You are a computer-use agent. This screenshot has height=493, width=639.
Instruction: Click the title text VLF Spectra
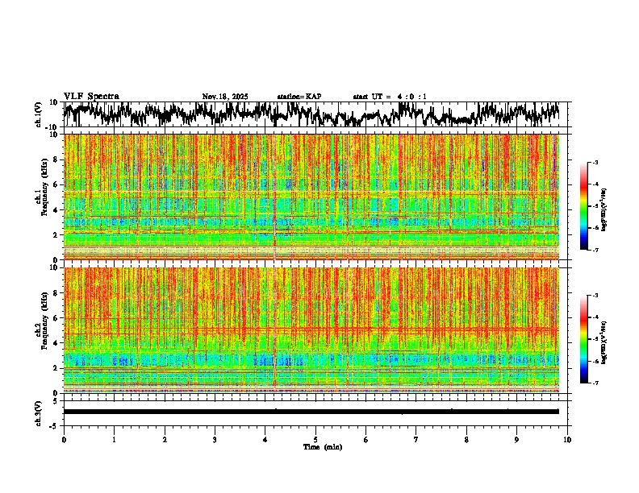coord(91,96)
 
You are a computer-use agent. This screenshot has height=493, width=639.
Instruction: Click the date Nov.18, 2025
coord(225,97)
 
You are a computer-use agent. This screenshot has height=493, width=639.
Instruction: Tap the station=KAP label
coord(299,97)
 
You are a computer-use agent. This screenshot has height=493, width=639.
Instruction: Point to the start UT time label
coord(390,97)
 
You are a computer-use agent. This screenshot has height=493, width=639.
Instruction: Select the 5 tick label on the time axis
coord(315,439)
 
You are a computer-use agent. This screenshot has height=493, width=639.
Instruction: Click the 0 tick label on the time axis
coord(64,439)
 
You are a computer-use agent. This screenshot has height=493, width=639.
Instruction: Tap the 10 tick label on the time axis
coord(567,439)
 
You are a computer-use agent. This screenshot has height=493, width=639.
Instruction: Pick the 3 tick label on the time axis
coord(215,439)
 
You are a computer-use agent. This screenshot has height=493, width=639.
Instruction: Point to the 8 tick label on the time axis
coord(466,439)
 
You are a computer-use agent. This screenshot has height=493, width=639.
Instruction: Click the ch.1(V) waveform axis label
coord(39,114)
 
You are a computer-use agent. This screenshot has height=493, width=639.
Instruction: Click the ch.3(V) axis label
coord(39,412)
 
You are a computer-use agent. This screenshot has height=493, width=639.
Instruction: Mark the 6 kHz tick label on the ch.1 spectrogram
coord(57,184)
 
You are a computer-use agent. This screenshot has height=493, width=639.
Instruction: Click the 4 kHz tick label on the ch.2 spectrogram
coord(57,342)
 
